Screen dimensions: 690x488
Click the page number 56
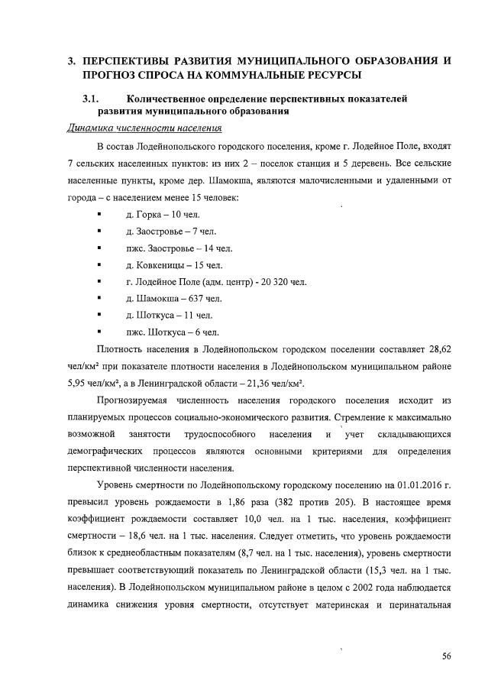pyautogui.click(x=445, y=656)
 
